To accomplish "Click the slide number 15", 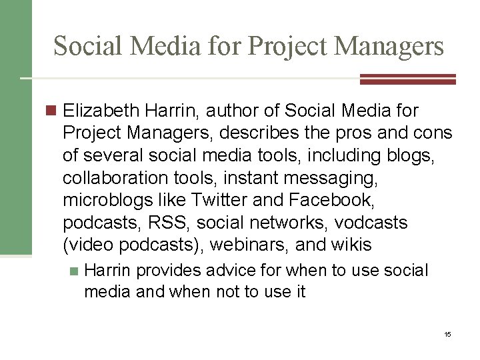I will [x=447, y=333].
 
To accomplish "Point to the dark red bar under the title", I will [x=407, y=79].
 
